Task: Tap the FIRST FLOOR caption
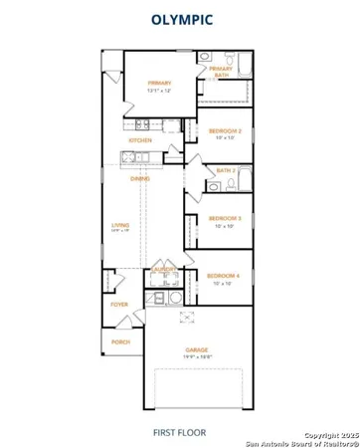[179, 432]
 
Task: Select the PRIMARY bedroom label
[159, 84]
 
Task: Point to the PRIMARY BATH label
[221, 71]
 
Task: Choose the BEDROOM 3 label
[225, 218]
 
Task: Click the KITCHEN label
[139, 141]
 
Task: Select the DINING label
[140, 179]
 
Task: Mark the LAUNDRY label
[164, 270]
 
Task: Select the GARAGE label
[197, 349]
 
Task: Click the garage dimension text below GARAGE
[197, 356]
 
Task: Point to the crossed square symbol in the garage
[183, 318]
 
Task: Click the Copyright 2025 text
[328, 435]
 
